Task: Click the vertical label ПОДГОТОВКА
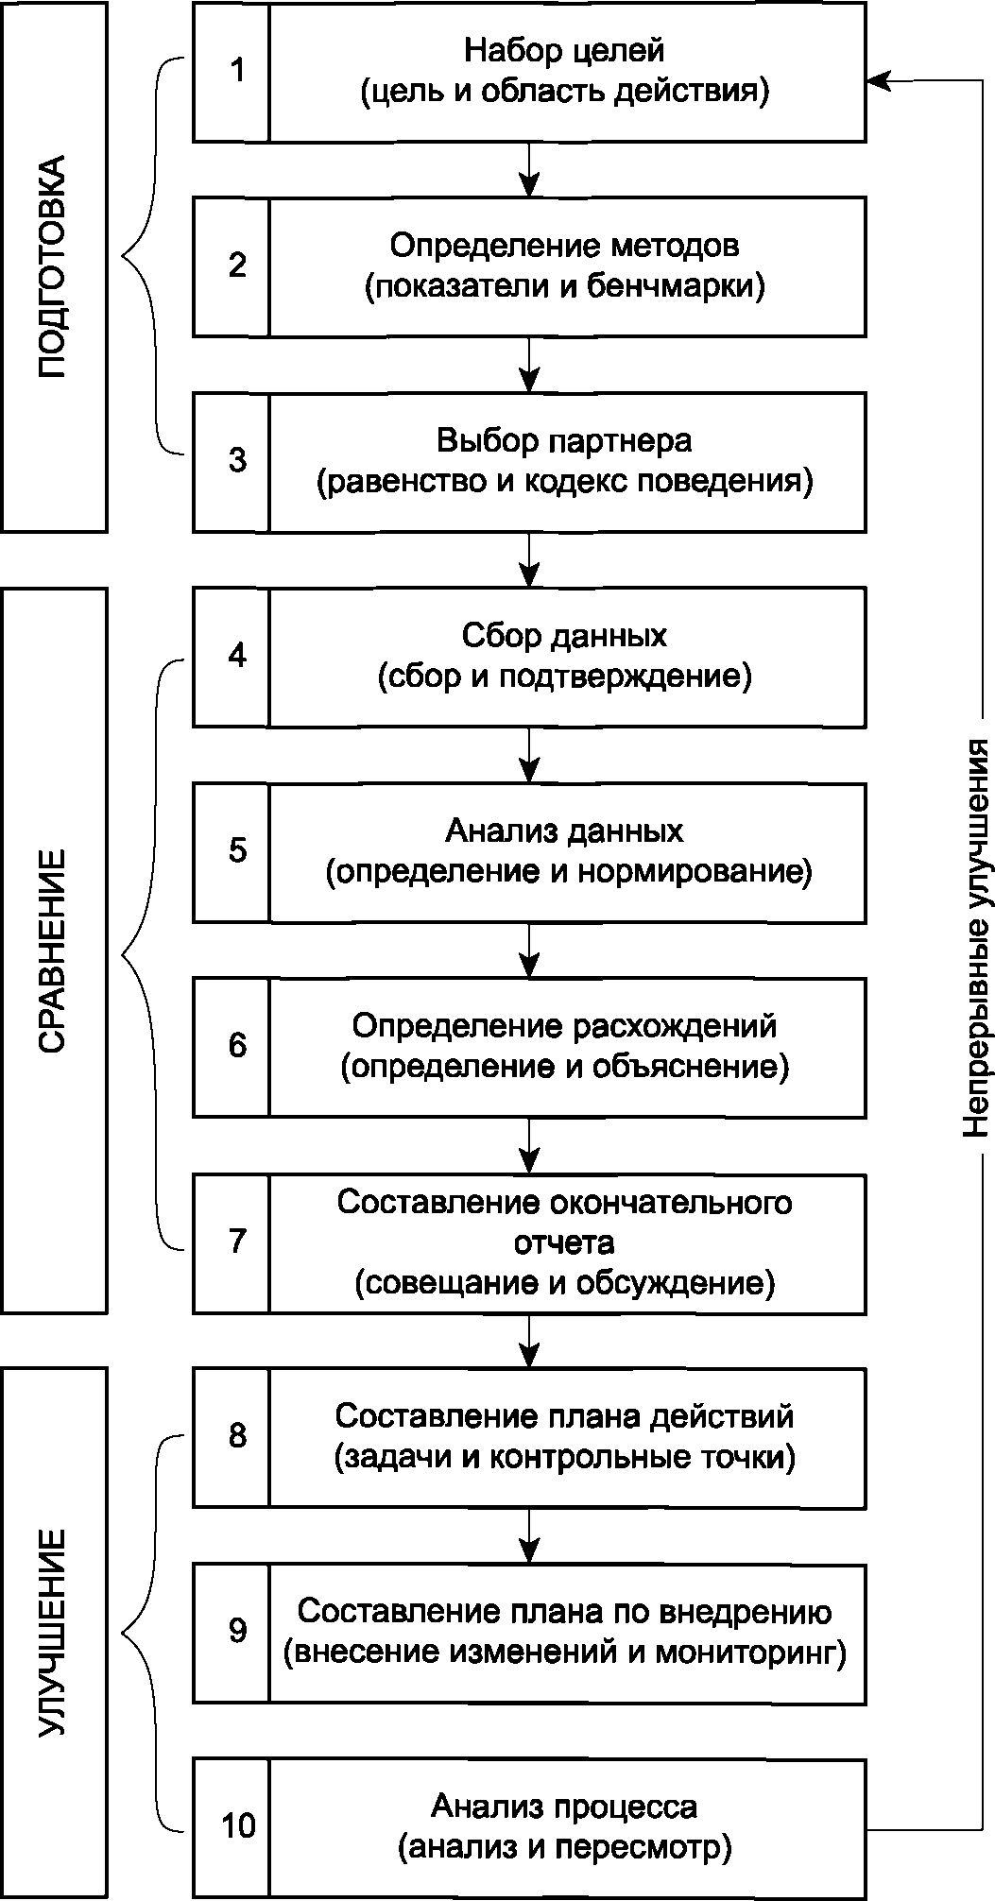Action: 53,266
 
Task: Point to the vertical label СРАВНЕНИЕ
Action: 53,950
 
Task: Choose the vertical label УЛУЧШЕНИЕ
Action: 53,1632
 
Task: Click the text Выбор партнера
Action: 564,441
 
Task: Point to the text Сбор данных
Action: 565,636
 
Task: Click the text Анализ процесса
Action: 565,1807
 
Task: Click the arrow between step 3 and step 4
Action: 529,558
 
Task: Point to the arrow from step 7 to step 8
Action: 529,1340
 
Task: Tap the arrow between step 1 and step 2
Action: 529,169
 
